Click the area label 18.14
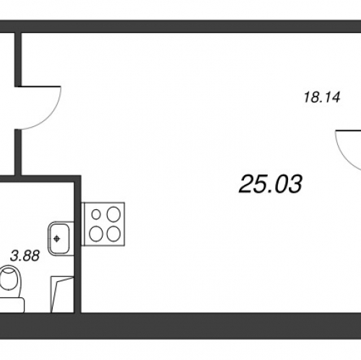pyautogui.click(x=322, y=97)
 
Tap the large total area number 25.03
pyautogui.click(x=270, y=184)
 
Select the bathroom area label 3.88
pyautogui.click(x=25, y=255)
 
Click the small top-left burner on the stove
pyautogui.click(x=96, y=214)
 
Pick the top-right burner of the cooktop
pyautogui.click(x=113, y=214)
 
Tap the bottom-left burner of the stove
pyautogui.click(x=96, y=234)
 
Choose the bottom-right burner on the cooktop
pyautogui.click(x=113, y=234)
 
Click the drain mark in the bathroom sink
pyautogui.click(x=57, y=239)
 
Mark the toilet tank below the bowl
pyautogui.click(x=12, y=305)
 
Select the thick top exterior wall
pyautogui.click(x=180, y=27)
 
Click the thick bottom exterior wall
pyautogui.click(x=180, y=326)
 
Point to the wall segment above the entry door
pyautogui.click(x=18, y=59)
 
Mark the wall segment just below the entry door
pyautogui.click(x=18, y=152)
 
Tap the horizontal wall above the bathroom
pyautogui.click(x=40, y=179)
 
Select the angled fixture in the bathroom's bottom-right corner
pyautogui.click(x=62, y=294)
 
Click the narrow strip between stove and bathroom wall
pyautogui.click(x=83, y=224)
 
